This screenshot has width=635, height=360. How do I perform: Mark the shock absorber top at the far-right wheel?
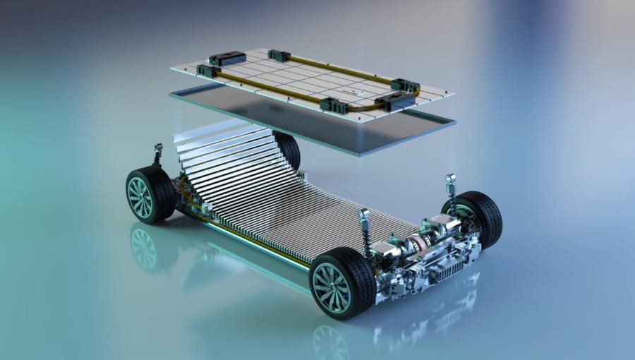(x=450, y=182)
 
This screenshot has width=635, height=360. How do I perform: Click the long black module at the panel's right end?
(x=399, y=101)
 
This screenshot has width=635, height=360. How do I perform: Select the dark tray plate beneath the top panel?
(x=310, y=124)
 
